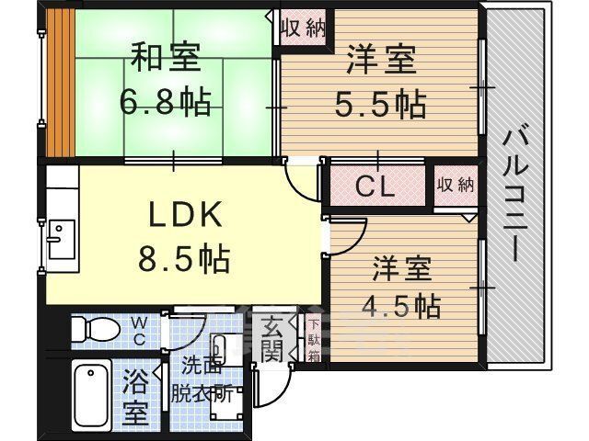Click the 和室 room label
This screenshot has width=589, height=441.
point(166,57)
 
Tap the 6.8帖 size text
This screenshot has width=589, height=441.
point(166,101)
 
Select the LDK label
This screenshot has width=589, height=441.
point(185,214)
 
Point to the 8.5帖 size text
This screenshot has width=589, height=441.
point(184,259)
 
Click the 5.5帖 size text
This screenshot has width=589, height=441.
point(380,104)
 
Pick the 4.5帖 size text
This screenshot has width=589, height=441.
point(401,306)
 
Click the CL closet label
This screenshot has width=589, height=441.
point(375,186)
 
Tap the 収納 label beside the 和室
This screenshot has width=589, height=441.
point(304,28)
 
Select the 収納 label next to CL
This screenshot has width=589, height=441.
point(456,185)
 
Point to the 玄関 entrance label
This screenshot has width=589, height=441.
point(272,340)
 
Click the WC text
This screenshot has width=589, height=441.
point(139,331)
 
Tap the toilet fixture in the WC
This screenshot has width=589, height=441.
point(96,330)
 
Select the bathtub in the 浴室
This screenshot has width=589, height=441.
point(91,393)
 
